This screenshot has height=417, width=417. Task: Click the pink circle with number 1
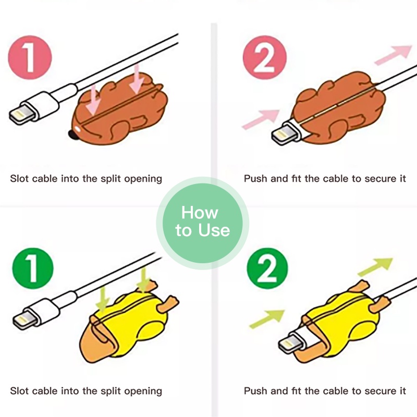30,57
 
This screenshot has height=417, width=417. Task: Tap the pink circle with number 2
265,57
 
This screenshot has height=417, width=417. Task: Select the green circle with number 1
33,268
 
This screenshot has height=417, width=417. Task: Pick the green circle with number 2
267,268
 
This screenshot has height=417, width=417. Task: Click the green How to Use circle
203,223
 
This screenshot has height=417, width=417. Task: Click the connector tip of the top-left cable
22,114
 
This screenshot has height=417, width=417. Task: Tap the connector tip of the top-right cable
283,136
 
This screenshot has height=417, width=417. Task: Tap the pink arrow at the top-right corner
394,55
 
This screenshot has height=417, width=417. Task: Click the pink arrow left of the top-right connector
261,119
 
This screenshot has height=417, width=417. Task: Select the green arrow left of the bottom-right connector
267,319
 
